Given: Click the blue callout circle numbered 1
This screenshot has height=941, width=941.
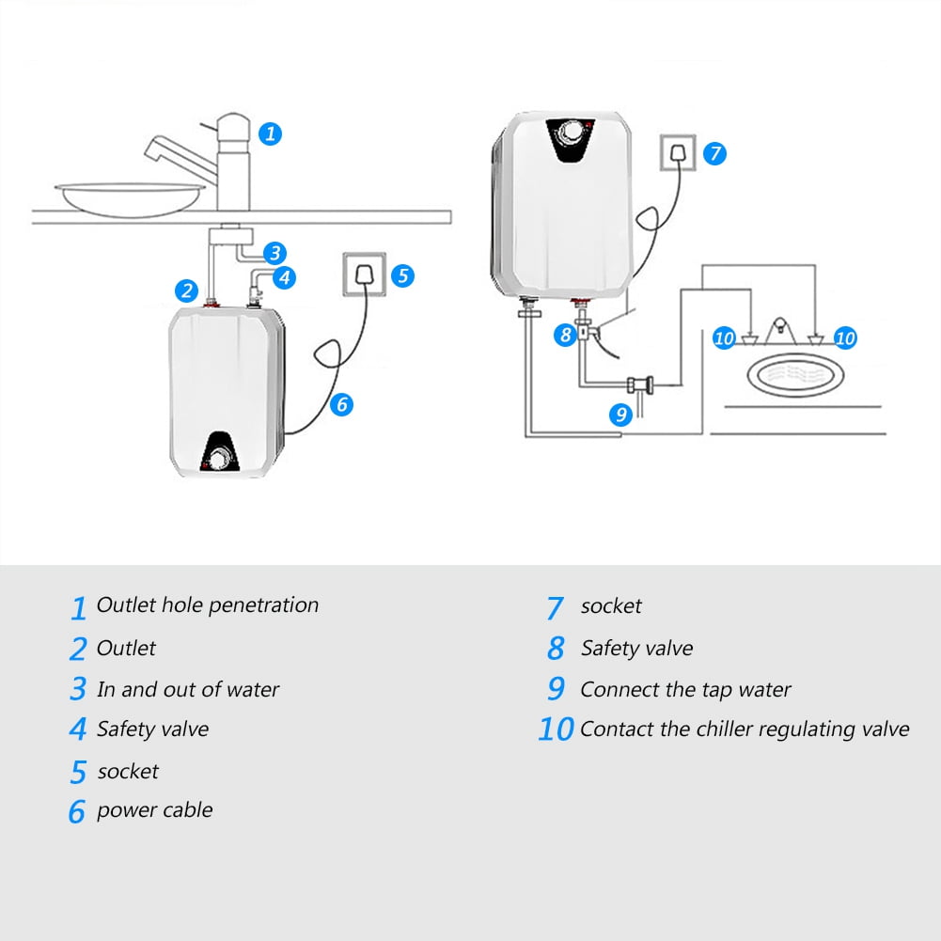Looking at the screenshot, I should click(270, 133).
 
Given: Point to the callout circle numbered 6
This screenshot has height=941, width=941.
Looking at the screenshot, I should click(342, 404).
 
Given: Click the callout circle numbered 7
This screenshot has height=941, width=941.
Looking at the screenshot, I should click(715, 153).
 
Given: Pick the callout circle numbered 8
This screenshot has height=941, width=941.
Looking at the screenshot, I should click(564, 334).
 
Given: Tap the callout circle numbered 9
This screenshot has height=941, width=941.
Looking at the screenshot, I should click(620, 414).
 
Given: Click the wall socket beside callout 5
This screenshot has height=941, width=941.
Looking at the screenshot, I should click(362, 274).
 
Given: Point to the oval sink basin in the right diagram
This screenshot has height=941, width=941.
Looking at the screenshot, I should click(794, 375).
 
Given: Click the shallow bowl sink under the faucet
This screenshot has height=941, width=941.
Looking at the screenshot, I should click(130, 197).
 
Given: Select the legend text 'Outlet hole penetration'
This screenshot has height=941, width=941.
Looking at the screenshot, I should click(208, 605).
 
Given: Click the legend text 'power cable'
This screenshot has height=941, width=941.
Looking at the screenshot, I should click(154, 810).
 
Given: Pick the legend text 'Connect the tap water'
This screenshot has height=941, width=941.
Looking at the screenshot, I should click(685, 690).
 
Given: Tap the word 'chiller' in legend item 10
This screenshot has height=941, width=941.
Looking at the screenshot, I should click(721, 729).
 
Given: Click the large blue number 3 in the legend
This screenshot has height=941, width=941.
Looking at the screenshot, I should click(78, 690).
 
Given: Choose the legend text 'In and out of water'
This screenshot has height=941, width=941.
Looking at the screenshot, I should click(188, 690).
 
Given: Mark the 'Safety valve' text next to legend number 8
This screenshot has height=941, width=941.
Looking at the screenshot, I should click(636, 649).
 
